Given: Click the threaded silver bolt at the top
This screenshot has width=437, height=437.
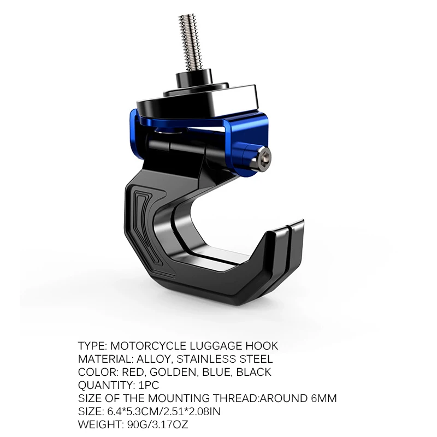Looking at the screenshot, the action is click(x=188, y=43).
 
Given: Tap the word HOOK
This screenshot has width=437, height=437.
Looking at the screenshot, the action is click(x=262, y=346).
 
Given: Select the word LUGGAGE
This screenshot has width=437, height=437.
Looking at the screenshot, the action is click(x=216, y=346).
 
